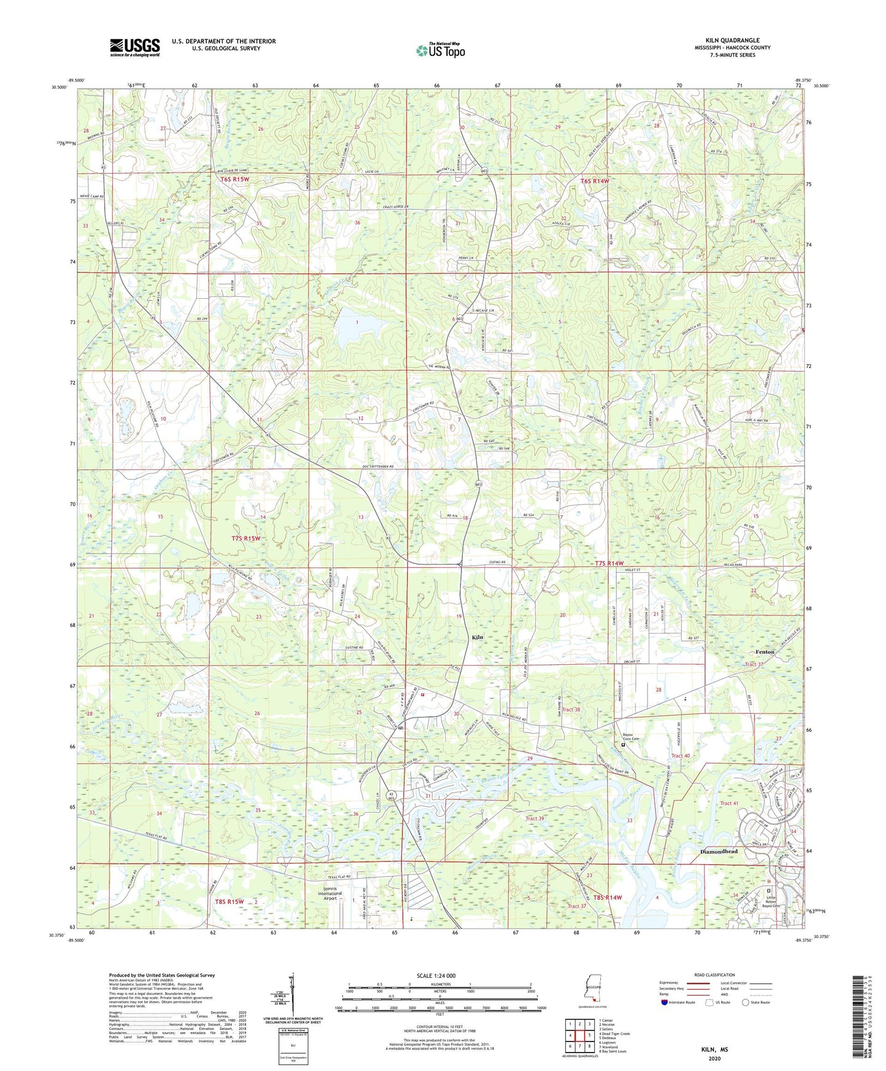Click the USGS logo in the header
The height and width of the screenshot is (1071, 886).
point(135,47)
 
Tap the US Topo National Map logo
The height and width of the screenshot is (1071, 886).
point(440,50)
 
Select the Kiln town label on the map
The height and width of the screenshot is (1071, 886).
point(477,637)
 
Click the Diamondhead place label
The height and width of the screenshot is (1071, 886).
point(719,852)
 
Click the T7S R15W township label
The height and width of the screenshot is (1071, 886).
point(246,538)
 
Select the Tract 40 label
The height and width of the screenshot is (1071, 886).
point(680,756)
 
